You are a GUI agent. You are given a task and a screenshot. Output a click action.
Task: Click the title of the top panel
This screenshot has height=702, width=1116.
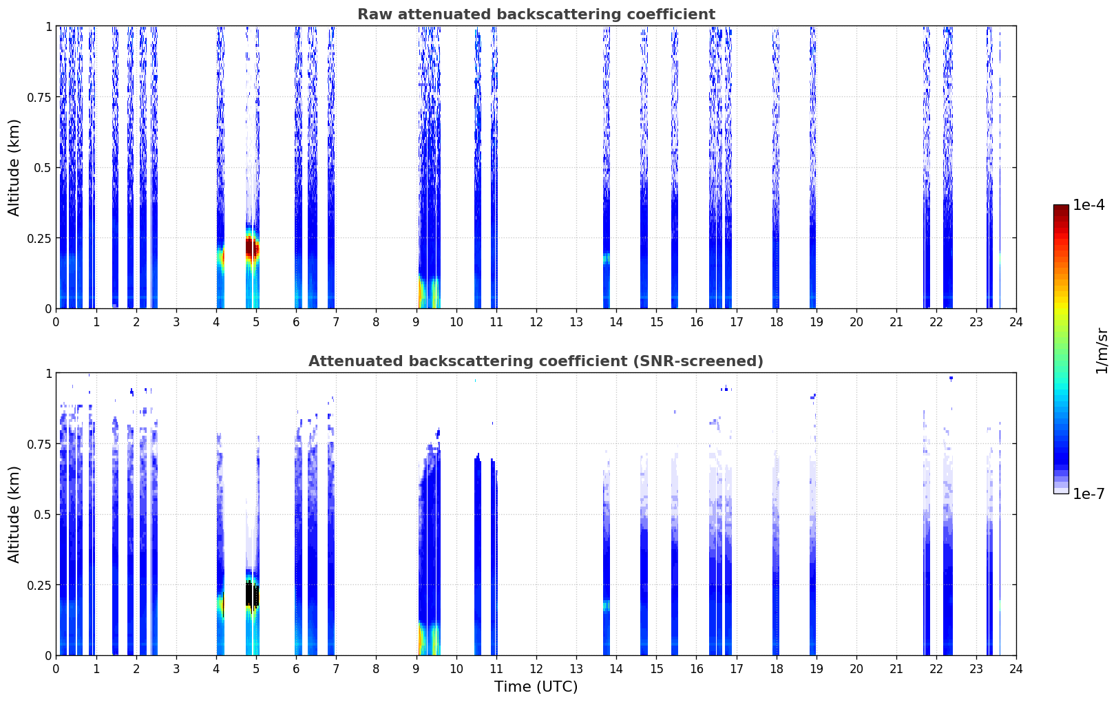536,14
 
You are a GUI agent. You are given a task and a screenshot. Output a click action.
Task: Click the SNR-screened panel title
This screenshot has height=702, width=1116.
536,361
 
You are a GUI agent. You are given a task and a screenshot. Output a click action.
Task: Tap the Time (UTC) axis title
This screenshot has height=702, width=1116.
536,687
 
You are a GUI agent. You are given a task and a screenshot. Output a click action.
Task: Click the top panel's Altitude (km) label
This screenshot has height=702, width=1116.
14,167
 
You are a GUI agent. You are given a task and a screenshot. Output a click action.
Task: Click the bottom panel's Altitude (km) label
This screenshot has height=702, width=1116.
14,514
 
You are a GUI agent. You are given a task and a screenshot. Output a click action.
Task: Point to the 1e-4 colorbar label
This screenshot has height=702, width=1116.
1088,205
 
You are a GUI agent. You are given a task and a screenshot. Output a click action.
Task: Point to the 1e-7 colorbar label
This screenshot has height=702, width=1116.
1088,493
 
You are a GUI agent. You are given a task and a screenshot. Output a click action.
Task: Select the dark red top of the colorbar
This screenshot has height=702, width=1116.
1061,209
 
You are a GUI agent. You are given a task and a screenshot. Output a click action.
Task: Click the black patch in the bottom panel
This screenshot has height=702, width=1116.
252,594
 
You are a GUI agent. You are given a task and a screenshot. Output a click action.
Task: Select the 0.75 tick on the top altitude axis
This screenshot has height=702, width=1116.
41,97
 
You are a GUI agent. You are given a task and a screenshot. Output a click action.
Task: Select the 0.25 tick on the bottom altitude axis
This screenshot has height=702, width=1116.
41,585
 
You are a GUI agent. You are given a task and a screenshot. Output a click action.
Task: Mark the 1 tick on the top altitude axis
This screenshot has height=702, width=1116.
48,26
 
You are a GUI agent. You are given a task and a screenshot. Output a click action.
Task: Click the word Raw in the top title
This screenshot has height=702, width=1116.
372,14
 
